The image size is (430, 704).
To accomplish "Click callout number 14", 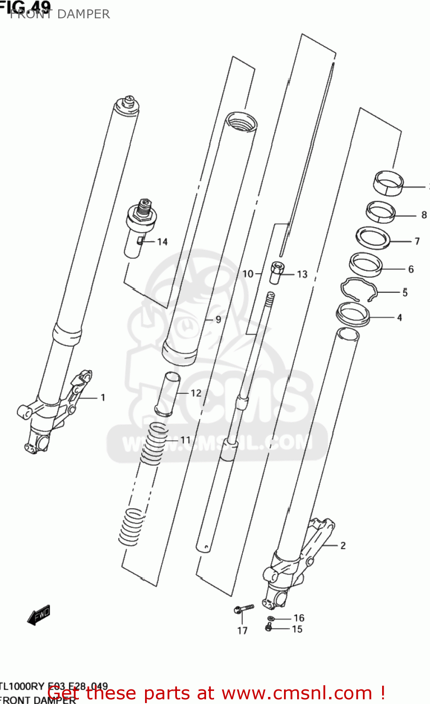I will point(162,242).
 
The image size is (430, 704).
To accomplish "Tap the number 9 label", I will point(218,320).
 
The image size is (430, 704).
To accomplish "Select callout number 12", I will point(196,393).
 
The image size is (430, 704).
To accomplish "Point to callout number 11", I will point(185,440).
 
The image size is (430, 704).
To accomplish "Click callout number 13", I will point(302,274).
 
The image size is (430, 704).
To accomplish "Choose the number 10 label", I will point(247,274).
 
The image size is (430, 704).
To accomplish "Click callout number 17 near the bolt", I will point(242,630).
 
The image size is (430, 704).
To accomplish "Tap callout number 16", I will point(299,618).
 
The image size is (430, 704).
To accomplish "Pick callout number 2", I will point(343,545).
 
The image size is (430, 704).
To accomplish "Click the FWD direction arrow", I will point(38,615).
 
